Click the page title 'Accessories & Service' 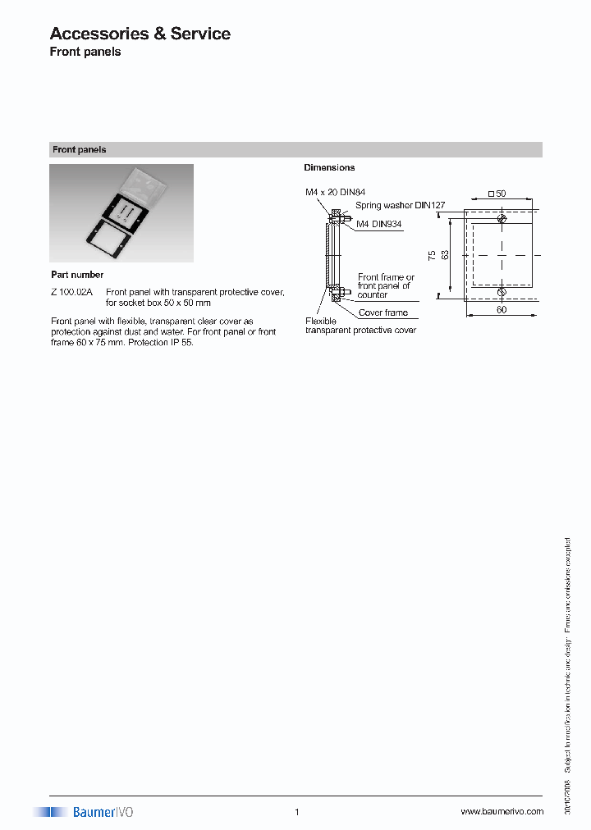(140, 34)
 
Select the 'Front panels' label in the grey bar (80, 150)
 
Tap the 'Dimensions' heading (329, 167)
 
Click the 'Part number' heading (77, 275)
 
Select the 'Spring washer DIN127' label (400, 206)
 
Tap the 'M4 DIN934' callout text (379, 224)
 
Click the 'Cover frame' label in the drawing (383, 312)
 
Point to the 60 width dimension (501, 310)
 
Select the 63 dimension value (445, 254)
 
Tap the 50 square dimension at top (497, 194)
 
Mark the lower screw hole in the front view (502, 291)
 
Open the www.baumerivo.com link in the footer (502, 811)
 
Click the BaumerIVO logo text (103, 812)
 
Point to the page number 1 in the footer (296, 812)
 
